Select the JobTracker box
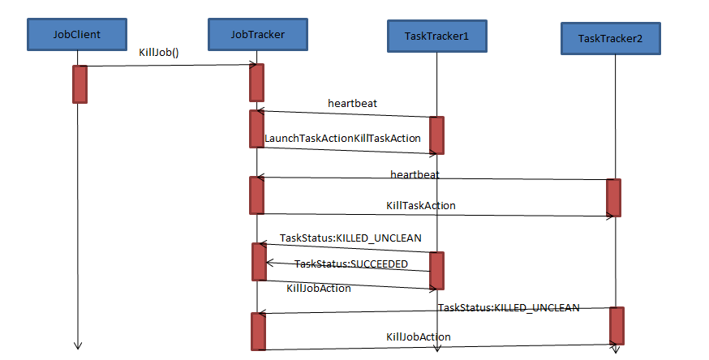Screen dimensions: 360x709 pyautogui.click(x=257, y=33)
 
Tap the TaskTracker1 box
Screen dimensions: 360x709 pyautogui.click(x=436, y=36)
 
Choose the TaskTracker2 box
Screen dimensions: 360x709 pyautogui.click(x=612, y=38)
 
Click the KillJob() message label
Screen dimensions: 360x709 pyautogui.click(x=159, y=53)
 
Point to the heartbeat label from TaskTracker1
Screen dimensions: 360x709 pyautogui.click(x=352, y=103)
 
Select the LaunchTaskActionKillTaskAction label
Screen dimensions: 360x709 pyautogui.click(x=342, y=139)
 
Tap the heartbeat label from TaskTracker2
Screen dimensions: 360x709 pyautogui.click(x=415, y=174)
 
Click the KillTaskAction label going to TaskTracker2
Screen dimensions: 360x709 pyautogui.click(x=420, y=205)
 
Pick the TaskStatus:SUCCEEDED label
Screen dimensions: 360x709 pyautogui.click(x=350, y=264)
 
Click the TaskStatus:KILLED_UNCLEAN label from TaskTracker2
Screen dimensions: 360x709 pyautogui.click(x=509, y=307)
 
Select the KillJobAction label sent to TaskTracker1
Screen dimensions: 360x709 pyautogui.click(x=319, y=288)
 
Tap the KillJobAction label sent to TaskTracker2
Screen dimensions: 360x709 pyautogui.click(x=418, y=336)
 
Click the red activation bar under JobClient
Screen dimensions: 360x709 pyautogui.click(x=79, y=84)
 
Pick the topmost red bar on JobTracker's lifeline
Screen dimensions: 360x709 pyautogui.click(x=256, y=82)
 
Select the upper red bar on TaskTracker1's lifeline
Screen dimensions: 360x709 pyautogui.click(x=436, y=135)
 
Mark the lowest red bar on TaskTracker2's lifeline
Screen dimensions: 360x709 pyautogui.click(x=617, y=325)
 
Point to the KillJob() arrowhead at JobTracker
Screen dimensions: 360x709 pyautogui.click(x=252, y=65)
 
